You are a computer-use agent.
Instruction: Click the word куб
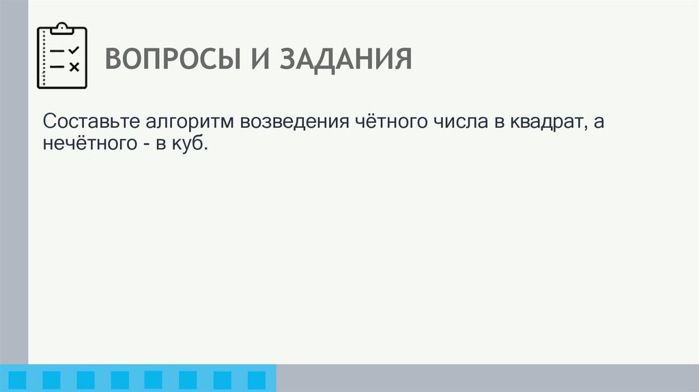[x=189, y=145]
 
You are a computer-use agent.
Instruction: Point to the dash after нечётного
[x=148, y=146]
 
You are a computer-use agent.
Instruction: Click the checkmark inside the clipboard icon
[x=74, y=51]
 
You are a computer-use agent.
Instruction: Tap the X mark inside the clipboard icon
[x=74, y=66]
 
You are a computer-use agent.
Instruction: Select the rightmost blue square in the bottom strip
[x=256, y=380]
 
